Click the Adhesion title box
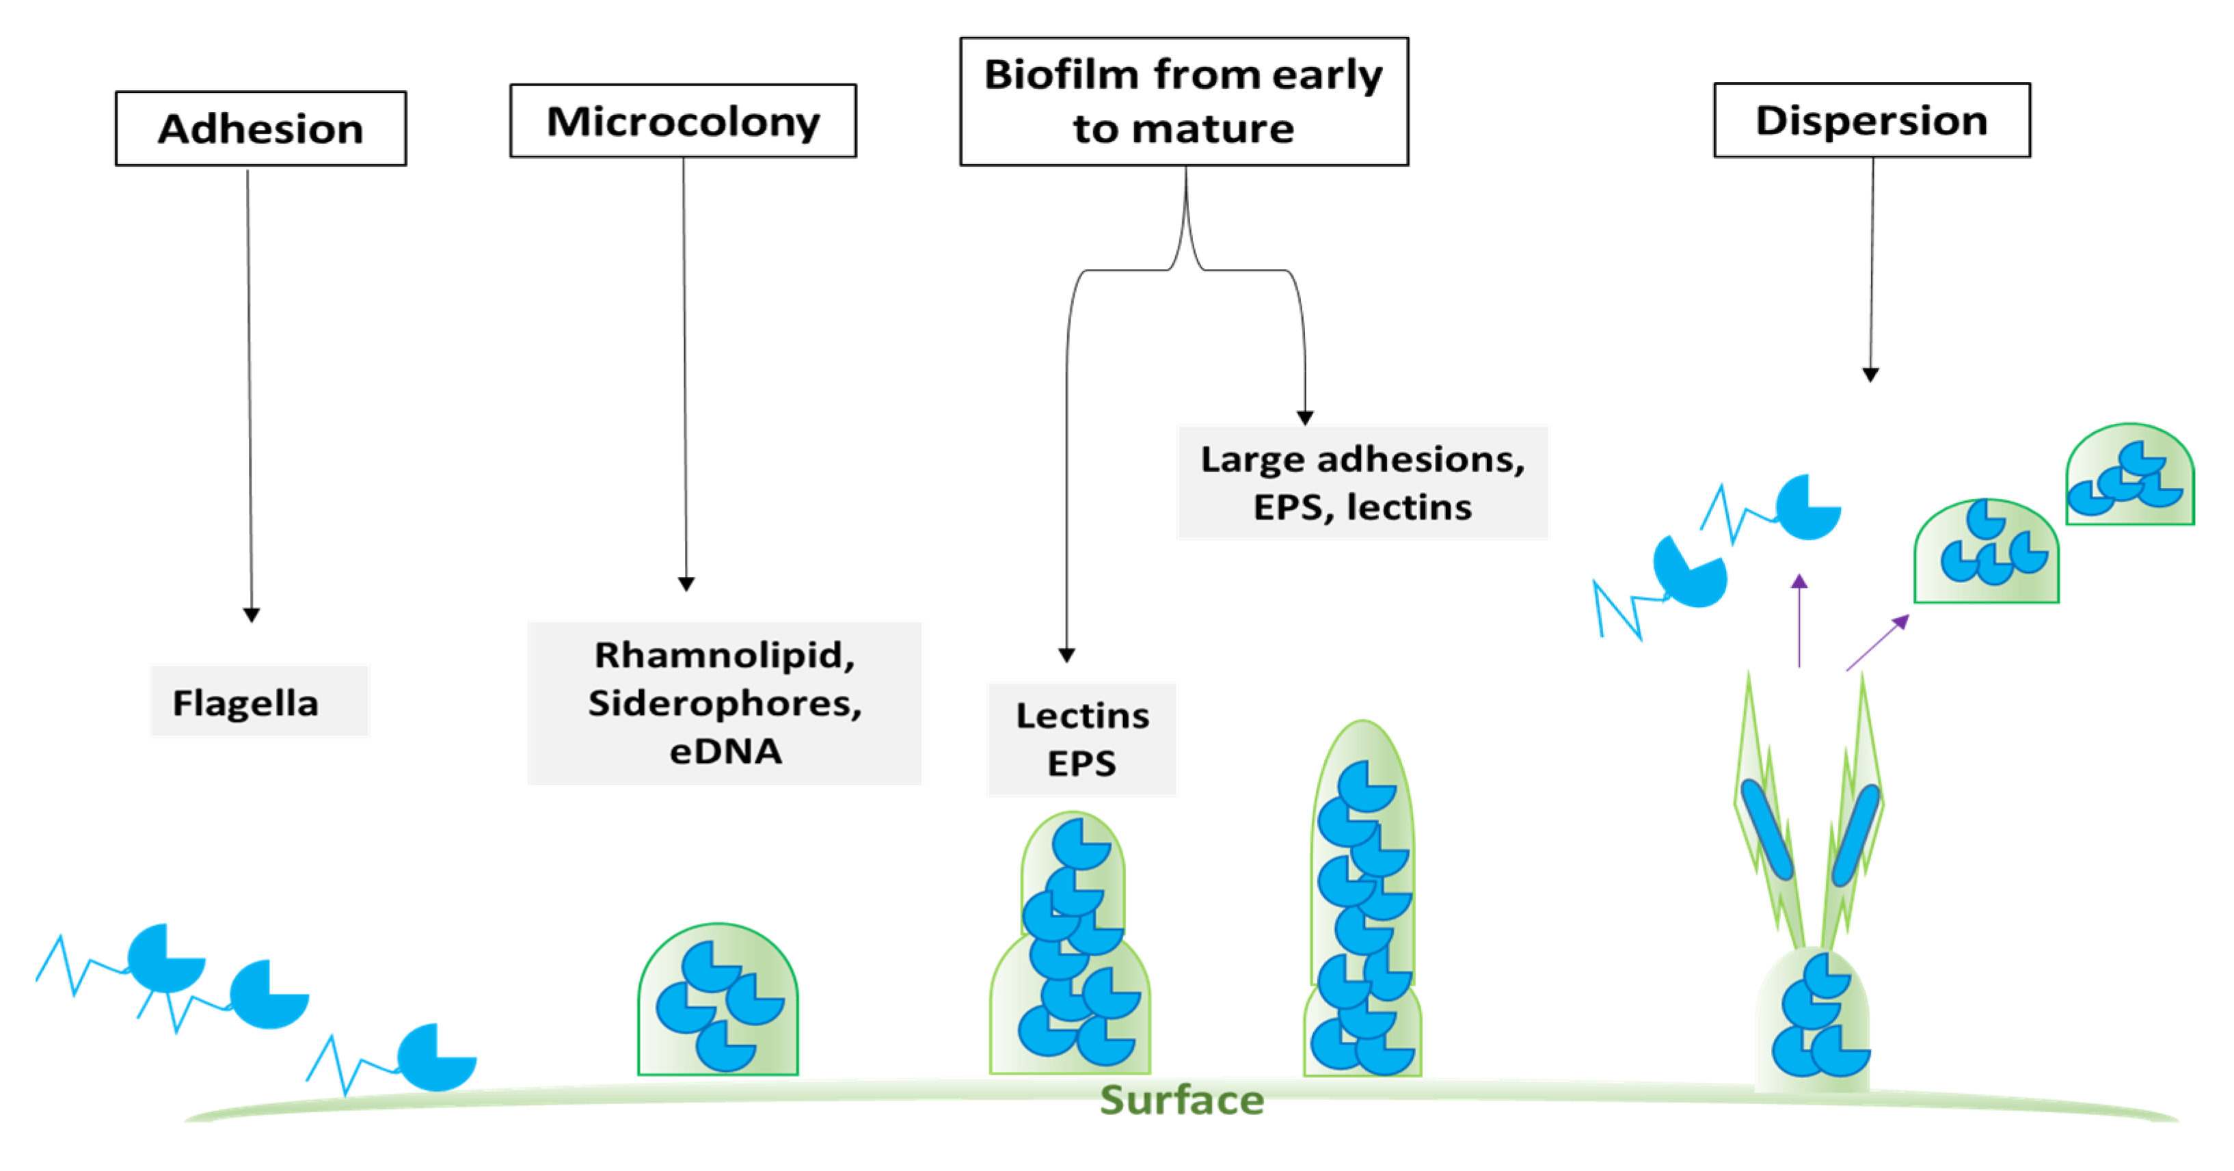260,129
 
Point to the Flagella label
246,702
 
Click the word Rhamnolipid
724,655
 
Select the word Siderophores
724,703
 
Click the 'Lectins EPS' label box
1081,739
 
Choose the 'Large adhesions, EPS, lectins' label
1362,483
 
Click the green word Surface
1181,1100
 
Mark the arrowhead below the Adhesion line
252,615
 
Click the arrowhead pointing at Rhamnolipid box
686,584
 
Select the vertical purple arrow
1799,619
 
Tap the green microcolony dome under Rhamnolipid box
718,1002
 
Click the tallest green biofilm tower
1362,902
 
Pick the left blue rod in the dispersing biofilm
1766,829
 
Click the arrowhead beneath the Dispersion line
1870,374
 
